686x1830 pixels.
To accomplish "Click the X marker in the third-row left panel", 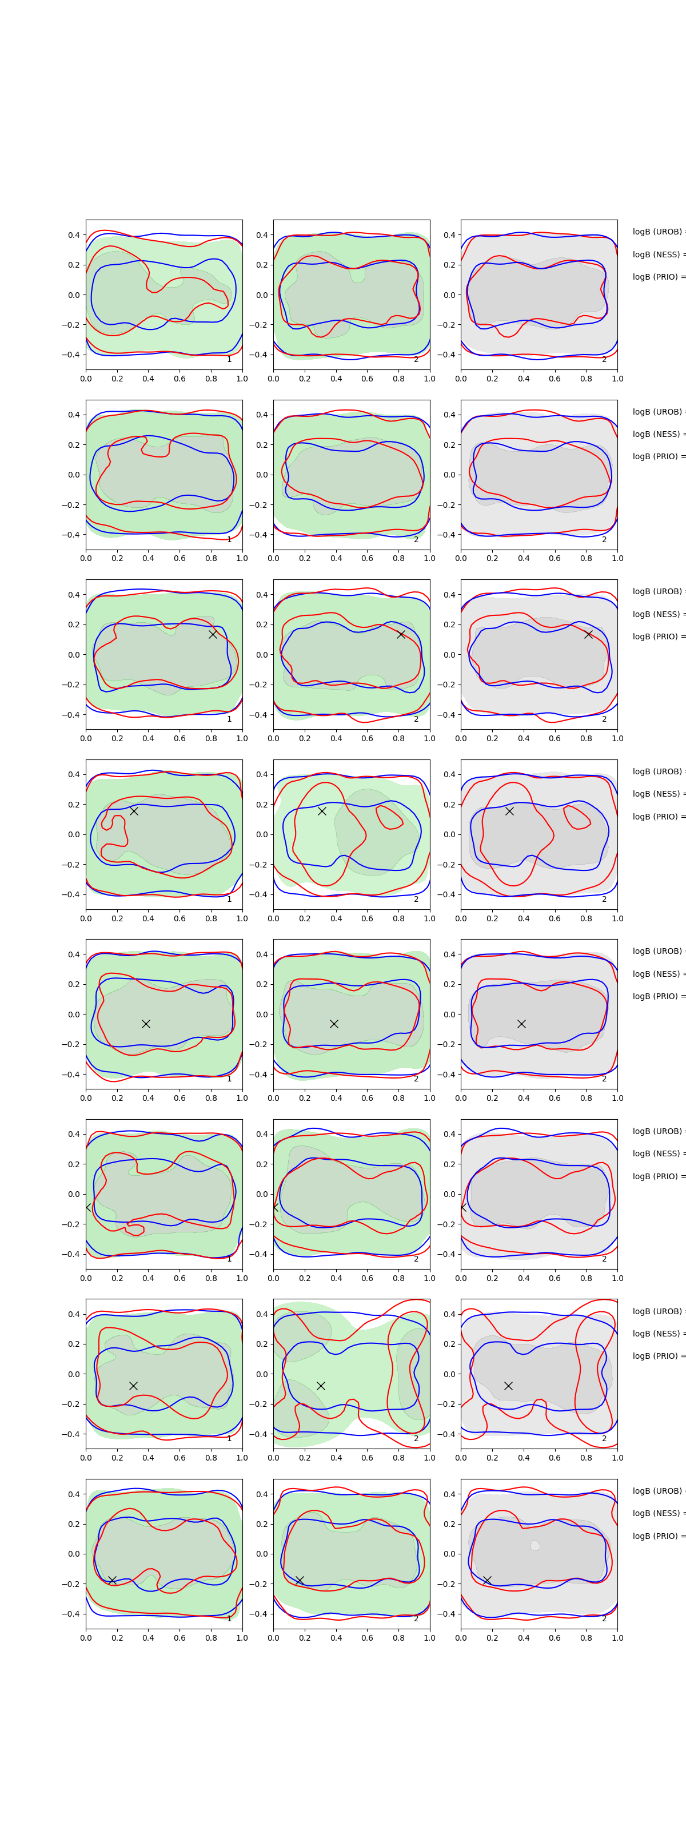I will (212, 634).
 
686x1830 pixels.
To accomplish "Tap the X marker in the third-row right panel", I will (588, 634).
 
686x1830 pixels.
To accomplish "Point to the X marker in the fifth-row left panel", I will (146, 1024).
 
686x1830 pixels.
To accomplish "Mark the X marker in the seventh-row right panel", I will (508, 1385).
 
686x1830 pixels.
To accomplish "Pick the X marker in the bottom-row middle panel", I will (299, 1580).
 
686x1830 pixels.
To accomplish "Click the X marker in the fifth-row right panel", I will (521, 1024).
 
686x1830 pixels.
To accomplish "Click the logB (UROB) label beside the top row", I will (657, 232).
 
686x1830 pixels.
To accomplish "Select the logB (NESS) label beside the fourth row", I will (657, 794).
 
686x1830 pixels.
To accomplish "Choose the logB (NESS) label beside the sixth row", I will (657, 1153).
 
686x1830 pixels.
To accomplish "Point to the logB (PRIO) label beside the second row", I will (657, 456).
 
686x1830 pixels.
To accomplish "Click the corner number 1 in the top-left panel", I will (229, 360).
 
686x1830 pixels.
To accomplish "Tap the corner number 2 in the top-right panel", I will (604, 360).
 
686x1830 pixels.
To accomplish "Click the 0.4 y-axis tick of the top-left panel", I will (73, 235).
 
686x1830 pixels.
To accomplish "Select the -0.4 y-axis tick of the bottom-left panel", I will (71, 1614).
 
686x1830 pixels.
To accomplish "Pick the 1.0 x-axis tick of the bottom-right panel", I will (617, 1637).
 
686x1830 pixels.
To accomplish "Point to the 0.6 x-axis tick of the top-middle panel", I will (367, 379).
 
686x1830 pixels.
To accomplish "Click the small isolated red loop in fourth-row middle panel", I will (389, 817).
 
